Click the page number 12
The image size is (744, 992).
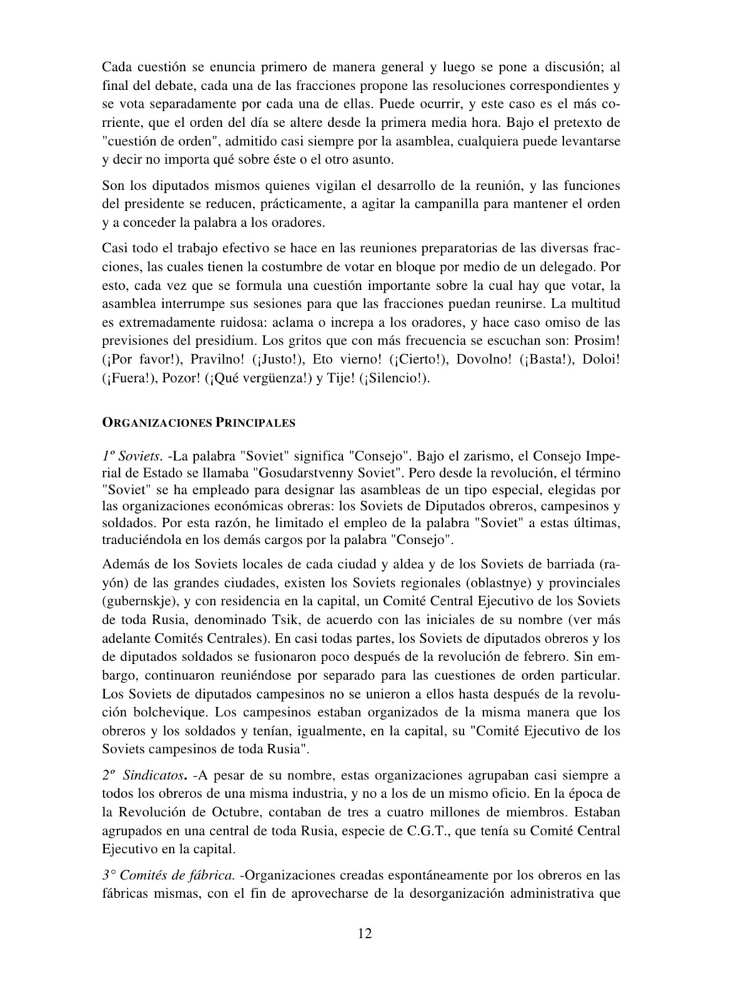point(364,933)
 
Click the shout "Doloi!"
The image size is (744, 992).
point(601,359)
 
